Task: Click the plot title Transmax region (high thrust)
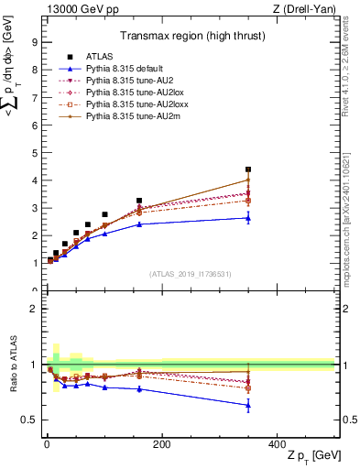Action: click(x=190, y=38)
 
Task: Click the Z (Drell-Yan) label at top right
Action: click(x=310, y=9)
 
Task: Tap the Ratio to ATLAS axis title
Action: click(x=11, y=365)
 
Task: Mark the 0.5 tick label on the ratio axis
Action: click(x=29, y=420)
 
